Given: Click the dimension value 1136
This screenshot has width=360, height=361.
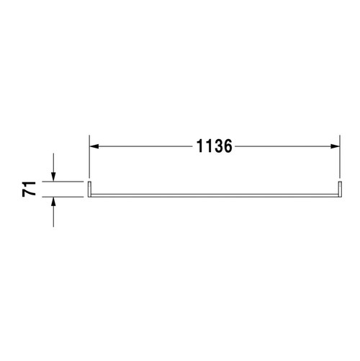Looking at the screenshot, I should point(214,147).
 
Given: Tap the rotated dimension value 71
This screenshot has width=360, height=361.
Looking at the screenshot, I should point(30,190).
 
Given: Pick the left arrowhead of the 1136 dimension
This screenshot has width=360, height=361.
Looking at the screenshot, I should point(94,147).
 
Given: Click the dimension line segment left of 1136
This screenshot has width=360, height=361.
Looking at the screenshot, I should point(144,147).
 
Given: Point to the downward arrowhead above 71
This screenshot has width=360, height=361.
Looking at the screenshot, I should point(54,176).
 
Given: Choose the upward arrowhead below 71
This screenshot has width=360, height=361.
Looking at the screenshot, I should point(54,205).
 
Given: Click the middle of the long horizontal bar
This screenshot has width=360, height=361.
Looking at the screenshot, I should point(215,196).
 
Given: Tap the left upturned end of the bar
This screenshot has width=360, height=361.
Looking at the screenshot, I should point(89,189).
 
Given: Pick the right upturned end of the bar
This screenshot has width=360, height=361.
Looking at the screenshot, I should point(340,189).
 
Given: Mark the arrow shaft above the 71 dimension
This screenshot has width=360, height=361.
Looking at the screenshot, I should point(54,162).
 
